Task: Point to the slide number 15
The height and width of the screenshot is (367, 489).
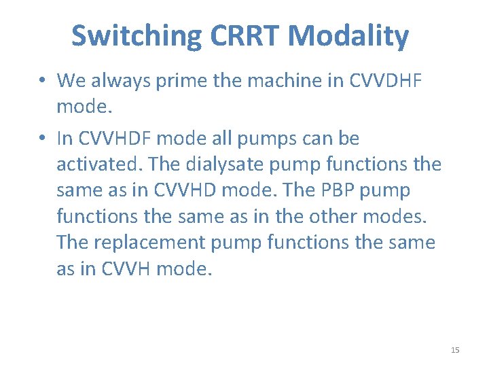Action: [455, 350]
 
